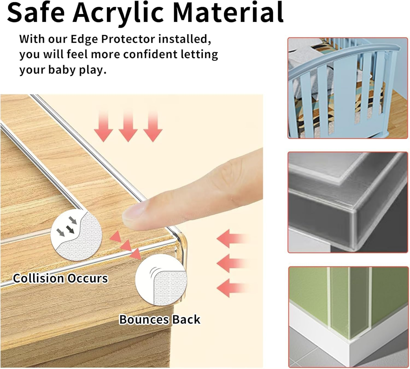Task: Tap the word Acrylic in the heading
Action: (x=118, y=13)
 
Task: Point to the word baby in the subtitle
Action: (x=62, y=70)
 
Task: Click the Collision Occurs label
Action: (x=60, y=278)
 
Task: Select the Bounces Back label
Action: (x=160, y=319)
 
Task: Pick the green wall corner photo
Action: (x=348, y=317)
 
